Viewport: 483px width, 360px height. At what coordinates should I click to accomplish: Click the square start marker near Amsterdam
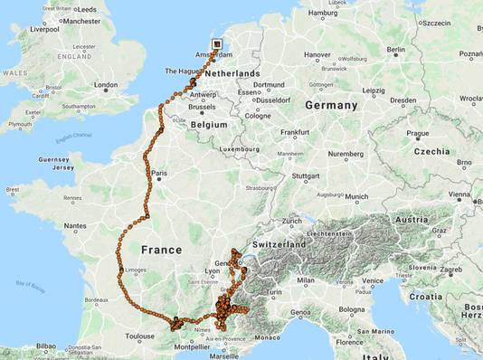[x=216, y=43]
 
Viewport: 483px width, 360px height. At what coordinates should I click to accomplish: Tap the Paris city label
[x=161, y=173]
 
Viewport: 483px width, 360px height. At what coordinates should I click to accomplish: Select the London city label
[x=105, y=86]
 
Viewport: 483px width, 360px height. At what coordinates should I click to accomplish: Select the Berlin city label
[x=396, y=50]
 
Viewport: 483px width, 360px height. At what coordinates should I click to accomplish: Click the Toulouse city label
[x=140, y=336]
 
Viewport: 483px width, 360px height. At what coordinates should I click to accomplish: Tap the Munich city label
[x=356, y=196]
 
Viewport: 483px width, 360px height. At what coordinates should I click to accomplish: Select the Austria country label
[x=412, y=219]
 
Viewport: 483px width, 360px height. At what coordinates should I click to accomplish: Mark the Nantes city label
[x=75, y=225]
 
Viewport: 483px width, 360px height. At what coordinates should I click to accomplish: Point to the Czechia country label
[x=431, y=150]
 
